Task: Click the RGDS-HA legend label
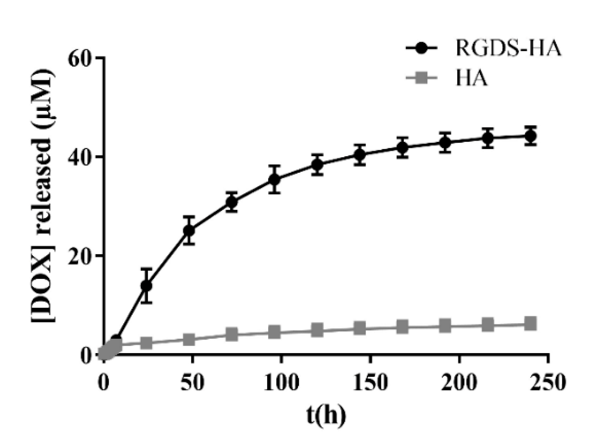[x=508, y=48]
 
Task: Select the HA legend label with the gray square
[x=471, y=78]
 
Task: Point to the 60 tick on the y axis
[x=80, y=58]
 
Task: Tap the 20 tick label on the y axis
[x=80, y=256]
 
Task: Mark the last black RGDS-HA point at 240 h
[x=530, y=136]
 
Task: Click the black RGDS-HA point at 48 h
[x=189, y=230]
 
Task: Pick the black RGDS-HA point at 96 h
[x=275, y=179]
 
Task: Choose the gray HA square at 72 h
[x=232, y=335]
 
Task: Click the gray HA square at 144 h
[x=360, y=329]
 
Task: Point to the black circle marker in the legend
[x=421, y=48]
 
